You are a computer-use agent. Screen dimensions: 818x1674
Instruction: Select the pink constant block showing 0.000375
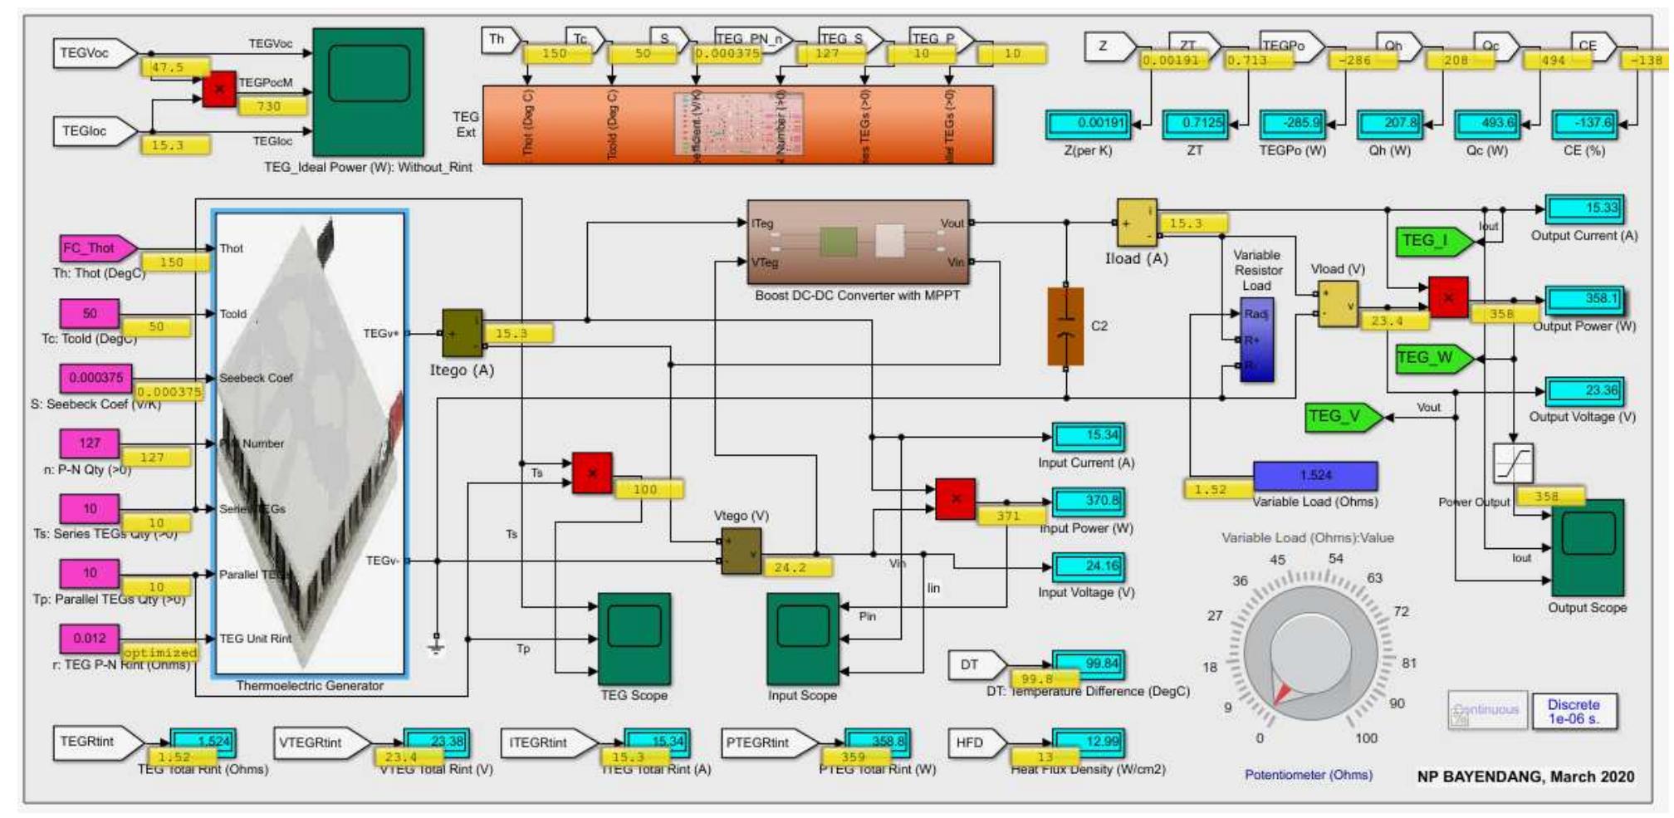pos(95,378)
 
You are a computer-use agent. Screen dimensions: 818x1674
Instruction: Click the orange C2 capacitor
pos(1065,326)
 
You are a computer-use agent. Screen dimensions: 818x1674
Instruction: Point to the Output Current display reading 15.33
pos(1584,208)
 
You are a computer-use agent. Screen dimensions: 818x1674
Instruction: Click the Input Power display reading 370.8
pos(1088,501)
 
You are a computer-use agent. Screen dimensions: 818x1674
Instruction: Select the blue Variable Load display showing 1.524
pos(1314,476)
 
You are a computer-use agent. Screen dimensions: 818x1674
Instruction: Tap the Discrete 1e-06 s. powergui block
pos(1574,712)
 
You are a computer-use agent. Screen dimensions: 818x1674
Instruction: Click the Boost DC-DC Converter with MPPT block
pos(858,242)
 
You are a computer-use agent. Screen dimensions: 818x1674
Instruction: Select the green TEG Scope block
pos(634,639)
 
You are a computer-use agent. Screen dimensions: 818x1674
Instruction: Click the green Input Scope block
pos(802,639)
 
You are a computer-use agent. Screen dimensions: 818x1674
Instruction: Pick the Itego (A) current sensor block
pos(462,333)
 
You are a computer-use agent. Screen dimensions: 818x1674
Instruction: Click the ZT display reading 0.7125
pos(1194,124)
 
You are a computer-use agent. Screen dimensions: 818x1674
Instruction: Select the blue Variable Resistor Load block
pos(1255,340)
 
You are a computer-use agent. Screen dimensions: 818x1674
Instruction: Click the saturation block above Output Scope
pos(1513,463)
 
